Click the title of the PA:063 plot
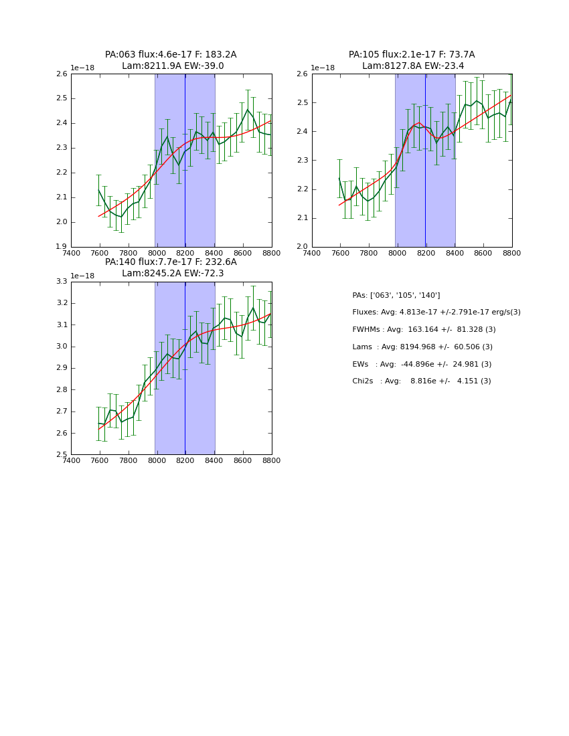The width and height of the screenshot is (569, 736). coord(171,60)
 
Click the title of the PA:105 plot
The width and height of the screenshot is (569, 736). coord(412,60)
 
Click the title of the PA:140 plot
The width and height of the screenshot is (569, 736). coord(171,268)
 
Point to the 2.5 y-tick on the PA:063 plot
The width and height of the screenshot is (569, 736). coord(62,98)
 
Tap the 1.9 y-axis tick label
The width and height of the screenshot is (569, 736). coord(62,247)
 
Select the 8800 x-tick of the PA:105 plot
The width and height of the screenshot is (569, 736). coord(512,253)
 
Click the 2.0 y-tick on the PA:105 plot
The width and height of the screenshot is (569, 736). coord(303,247)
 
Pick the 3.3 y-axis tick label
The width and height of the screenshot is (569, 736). coord(62,282)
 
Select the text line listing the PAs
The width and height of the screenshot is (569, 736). coord(396,295)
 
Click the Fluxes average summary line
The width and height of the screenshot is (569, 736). coord(436,312)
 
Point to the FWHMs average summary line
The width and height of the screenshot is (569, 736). coord(424,330)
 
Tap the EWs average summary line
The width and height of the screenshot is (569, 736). coord(422,364)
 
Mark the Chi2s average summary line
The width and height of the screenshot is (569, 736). coord(422,381)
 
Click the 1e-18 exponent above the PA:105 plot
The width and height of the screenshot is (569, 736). coord(323,68)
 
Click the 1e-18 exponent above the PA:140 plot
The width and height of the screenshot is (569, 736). coord(82,276)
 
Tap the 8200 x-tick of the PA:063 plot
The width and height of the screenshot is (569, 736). coord(185,253)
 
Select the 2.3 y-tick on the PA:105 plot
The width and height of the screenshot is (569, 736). coord(303,161)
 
